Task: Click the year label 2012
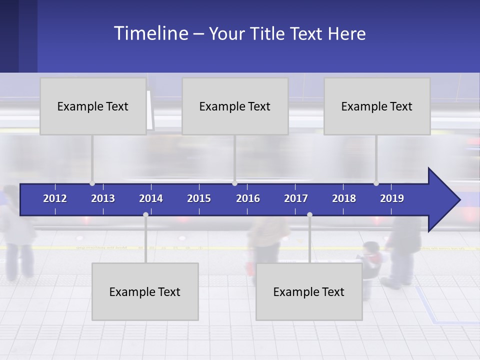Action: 55,198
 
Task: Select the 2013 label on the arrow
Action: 103,198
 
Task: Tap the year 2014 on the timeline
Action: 151,198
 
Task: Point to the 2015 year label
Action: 199,198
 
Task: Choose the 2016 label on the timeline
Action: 248,198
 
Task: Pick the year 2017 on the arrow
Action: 296,198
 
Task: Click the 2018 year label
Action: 344,198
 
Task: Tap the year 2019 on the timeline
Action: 392,198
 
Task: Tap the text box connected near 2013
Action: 93,106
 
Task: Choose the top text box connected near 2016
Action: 235,106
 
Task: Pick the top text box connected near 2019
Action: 377,106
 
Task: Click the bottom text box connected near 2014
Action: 145,291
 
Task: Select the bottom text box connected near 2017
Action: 309,291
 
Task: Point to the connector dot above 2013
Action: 92,183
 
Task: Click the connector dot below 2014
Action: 145,214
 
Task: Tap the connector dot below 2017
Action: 309,214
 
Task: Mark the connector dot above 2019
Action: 376,183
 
